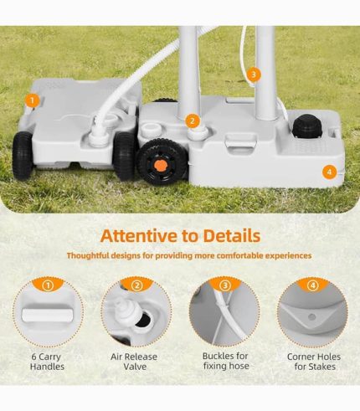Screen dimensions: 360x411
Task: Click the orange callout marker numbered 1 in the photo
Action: tap(32, 100)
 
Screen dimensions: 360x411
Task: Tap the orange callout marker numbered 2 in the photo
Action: tap(193, 121)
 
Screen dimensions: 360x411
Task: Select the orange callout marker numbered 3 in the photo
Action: tap(254, 74)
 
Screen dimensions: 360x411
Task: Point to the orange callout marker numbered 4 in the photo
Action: tap(329, 172)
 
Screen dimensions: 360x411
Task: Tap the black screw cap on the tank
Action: tap(308, 126)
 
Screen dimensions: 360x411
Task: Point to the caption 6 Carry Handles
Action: tap(47, 362)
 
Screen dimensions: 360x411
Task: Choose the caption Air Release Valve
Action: tap(134, 362)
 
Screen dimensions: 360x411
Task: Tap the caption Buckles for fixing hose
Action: tap(225, 361)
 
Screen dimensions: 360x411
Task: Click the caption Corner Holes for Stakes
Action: tap(314, 362)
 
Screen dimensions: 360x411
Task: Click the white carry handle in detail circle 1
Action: tap(47, 315)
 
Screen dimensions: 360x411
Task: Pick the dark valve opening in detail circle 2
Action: tap(144, 320)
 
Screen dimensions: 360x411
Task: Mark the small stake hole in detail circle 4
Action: tap(313, 317)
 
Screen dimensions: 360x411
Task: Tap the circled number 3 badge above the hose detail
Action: tap(225, 285)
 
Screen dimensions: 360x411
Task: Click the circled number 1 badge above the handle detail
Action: tap(48, 285)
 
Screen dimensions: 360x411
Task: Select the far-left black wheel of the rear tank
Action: tap(23, 155)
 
